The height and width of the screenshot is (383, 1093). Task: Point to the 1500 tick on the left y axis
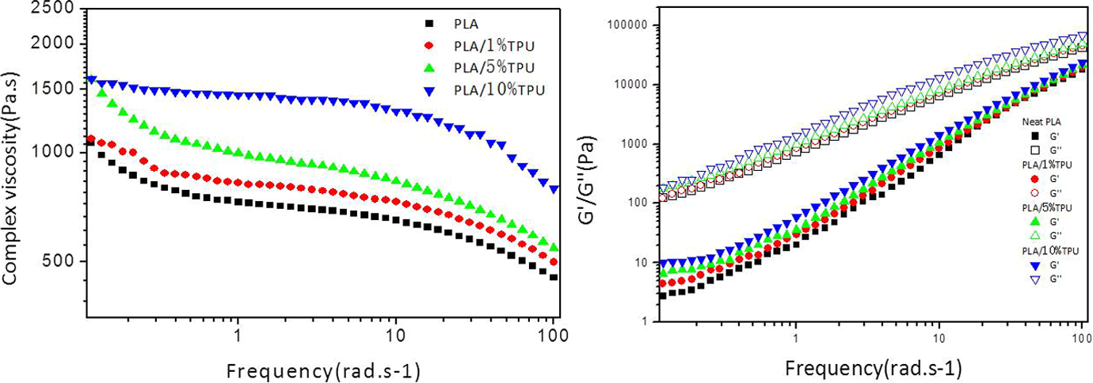tap(52, 89)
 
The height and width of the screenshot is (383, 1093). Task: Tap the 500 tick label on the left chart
tap(59, 260)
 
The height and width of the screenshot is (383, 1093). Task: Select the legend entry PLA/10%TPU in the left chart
tap(499, 90)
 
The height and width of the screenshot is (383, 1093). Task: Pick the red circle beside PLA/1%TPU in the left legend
tap(429, 45)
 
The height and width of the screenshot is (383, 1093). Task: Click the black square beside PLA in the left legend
tap(429, 23)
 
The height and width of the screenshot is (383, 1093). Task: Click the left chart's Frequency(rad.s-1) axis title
tap(323, 372)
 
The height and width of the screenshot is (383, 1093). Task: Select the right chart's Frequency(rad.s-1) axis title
tap(874, 369)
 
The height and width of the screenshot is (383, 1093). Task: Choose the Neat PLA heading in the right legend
tap(1042, 122)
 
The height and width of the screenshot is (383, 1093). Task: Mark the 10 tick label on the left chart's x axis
tap(395, 336)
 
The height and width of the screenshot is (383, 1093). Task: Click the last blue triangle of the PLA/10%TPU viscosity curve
tap(554, 189)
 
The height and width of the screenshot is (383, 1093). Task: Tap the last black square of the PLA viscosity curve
tap(554, 277)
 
